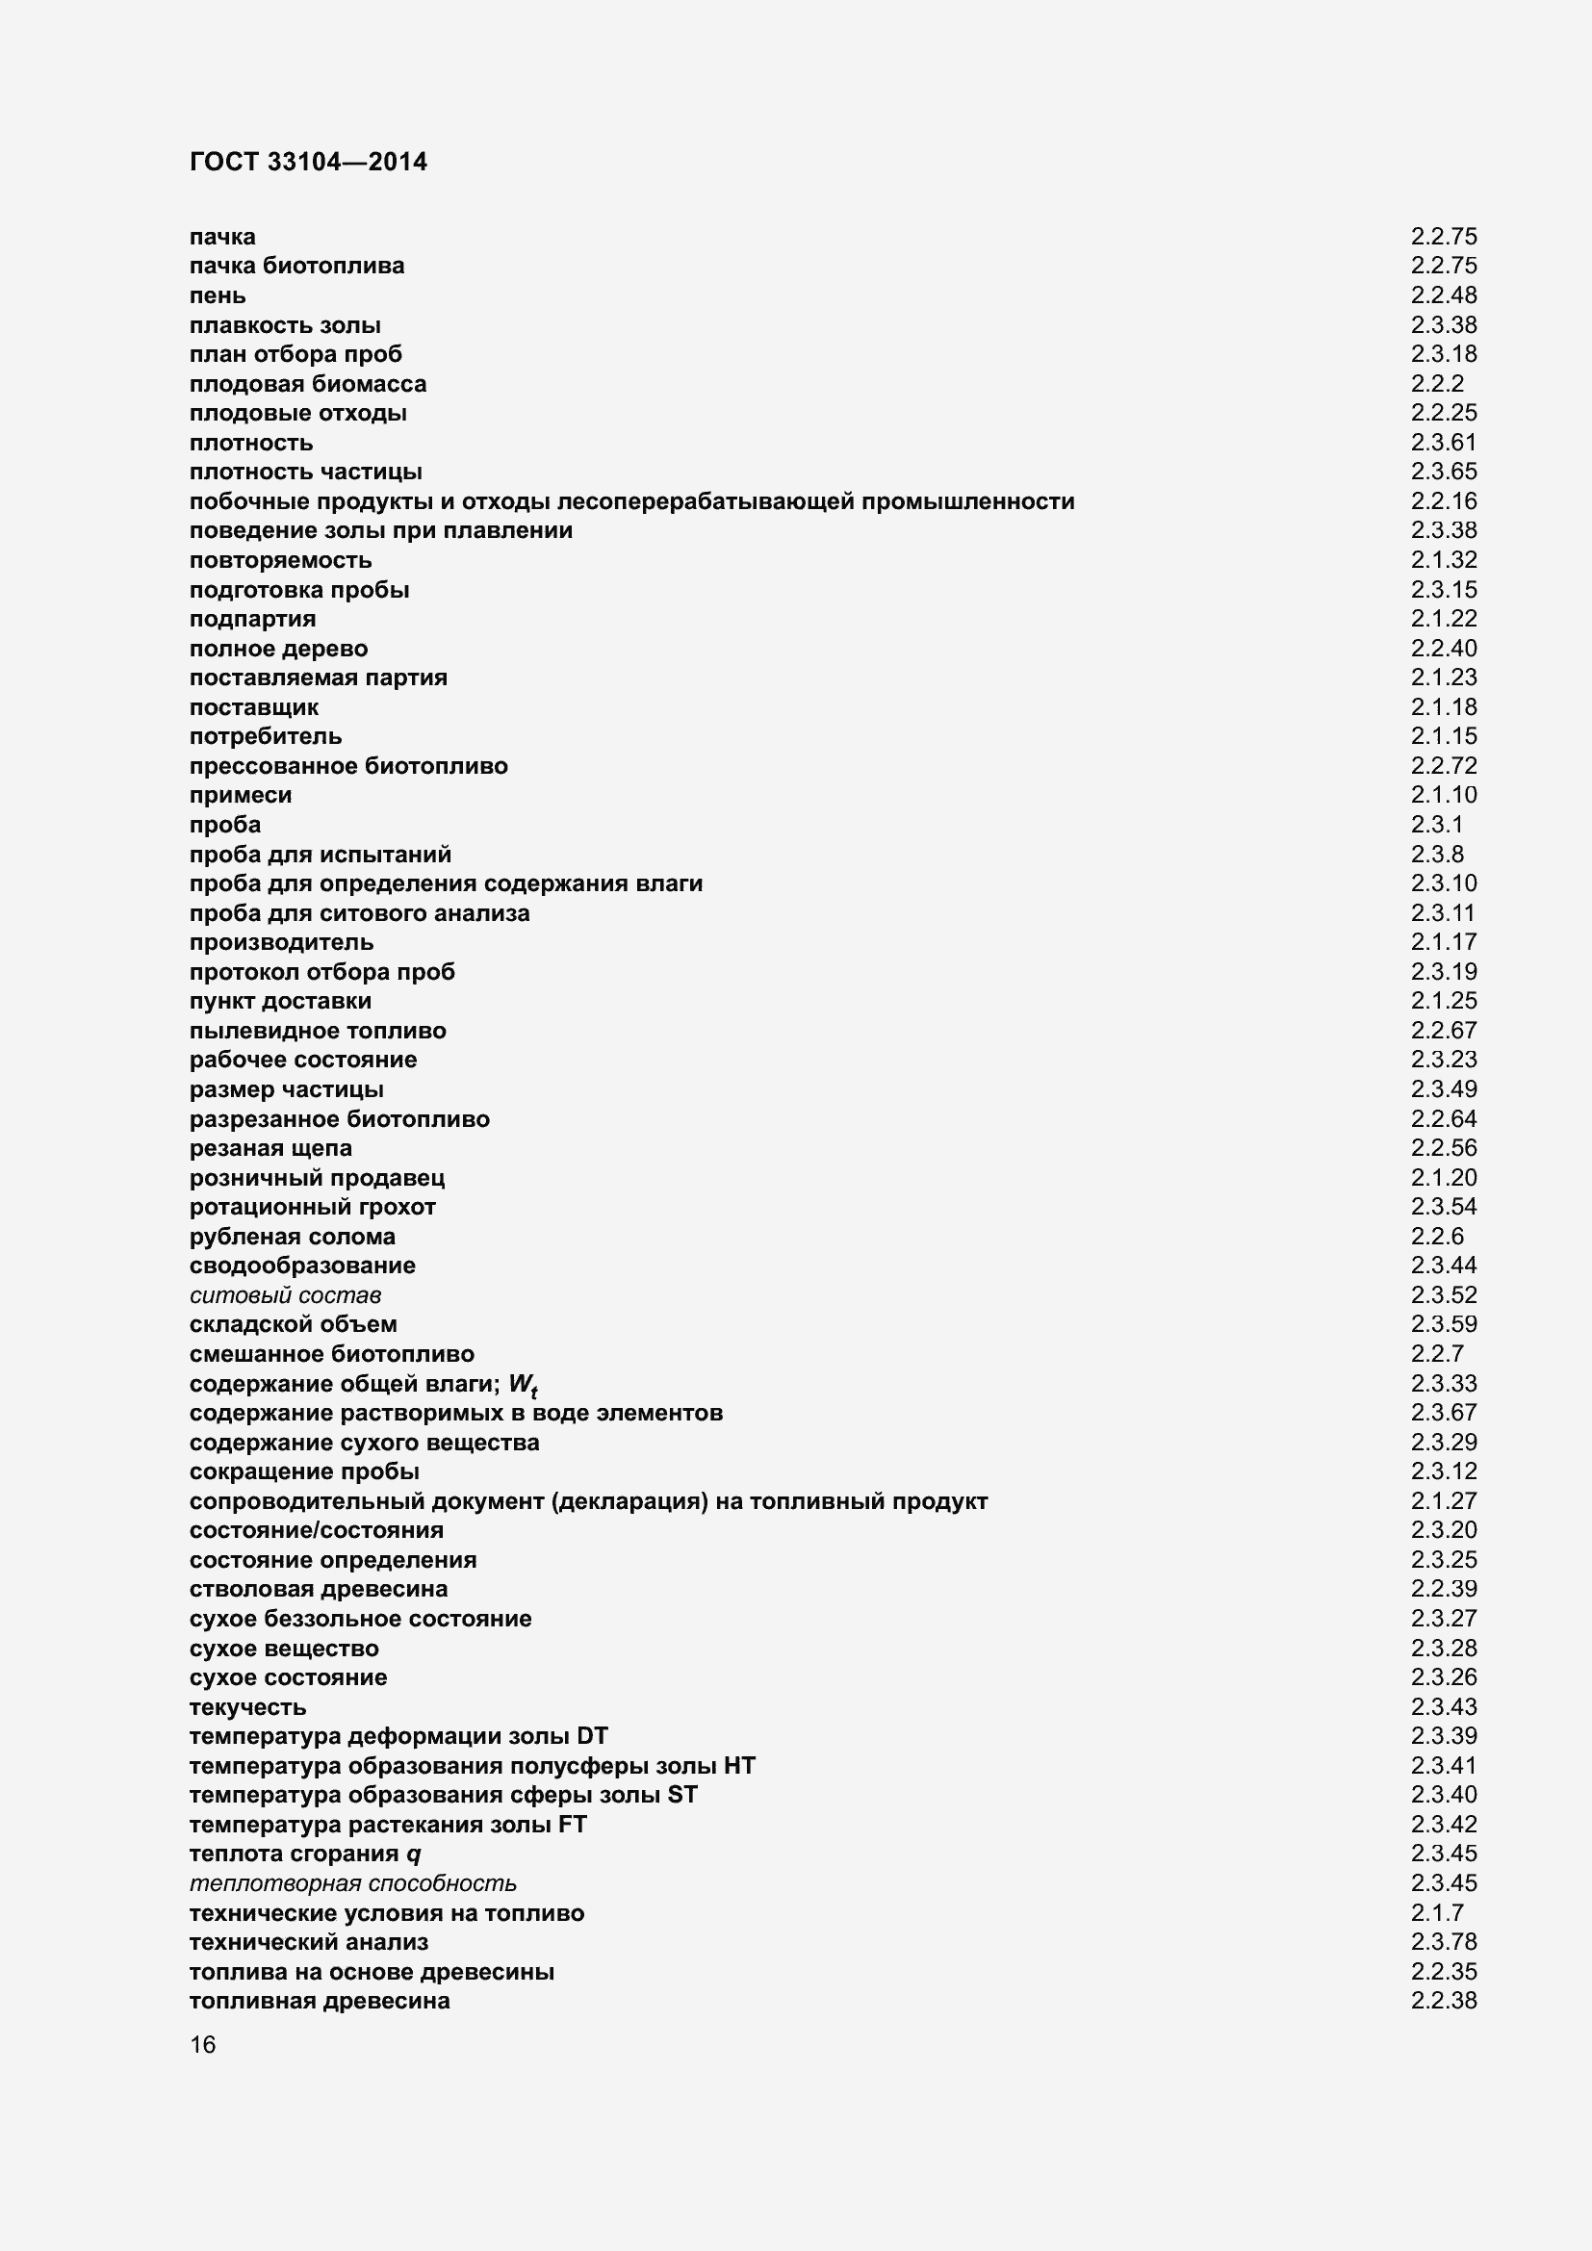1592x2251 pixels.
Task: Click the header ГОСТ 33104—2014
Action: pos(308,162)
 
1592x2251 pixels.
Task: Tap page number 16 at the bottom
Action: pos(203,2044)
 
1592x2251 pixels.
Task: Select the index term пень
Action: pos(218,295)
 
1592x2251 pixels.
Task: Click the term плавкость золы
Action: pos(285,324)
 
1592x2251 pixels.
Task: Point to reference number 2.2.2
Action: pos(1437,383)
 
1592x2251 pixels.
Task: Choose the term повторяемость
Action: pos(280,560)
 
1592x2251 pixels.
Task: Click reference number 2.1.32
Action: pos(1443,560)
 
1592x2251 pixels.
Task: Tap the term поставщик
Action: pos(254,707)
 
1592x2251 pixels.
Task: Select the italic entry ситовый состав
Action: pos(285,1295)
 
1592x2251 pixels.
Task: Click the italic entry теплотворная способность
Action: pos(353,1883)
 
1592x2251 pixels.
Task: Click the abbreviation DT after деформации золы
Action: pos(592,1736)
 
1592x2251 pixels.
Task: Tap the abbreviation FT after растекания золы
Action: pos(572,1825)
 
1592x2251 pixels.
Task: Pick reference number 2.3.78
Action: pos(1443,1942)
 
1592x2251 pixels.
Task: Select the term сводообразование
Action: pos(303,1266)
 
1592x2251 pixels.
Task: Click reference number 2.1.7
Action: pos(1437,1913)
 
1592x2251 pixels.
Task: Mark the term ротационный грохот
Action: pos(313,1207)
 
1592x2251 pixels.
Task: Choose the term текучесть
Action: pos(248,1707)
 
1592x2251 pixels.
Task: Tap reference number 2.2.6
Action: pos(1437,1237)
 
